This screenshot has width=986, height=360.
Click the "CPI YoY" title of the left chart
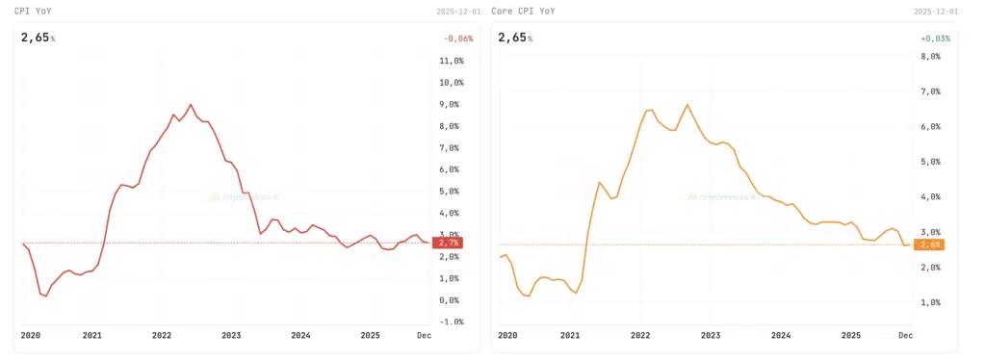(35, 11)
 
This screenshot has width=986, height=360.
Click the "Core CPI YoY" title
(523, 11)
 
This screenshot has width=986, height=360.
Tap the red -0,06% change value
(459, 39)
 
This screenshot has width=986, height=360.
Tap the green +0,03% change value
(935, 39)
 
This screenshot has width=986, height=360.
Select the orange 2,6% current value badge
(928, 244)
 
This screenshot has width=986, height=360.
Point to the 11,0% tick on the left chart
(451, 61)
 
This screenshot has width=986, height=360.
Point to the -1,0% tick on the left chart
(451, 321)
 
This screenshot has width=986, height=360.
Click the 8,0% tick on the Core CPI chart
(928, 57)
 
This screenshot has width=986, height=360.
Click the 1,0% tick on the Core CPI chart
(928, 302)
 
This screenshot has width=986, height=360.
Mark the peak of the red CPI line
(191, 104)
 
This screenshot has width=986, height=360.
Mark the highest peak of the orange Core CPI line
(688, 105)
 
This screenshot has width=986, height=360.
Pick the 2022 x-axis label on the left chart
(161, 336)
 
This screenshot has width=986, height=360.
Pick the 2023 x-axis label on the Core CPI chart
(711, 336)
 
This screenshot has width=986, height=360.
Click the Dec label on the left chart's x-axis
(424, 336)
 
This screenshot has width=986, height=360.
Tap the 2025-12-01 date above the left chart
(455, 12)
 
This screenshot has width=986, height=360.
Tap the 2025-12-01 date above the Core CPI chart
(934, 12)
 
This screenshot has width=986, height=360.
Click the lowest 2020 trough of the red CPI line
(45, 296)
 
